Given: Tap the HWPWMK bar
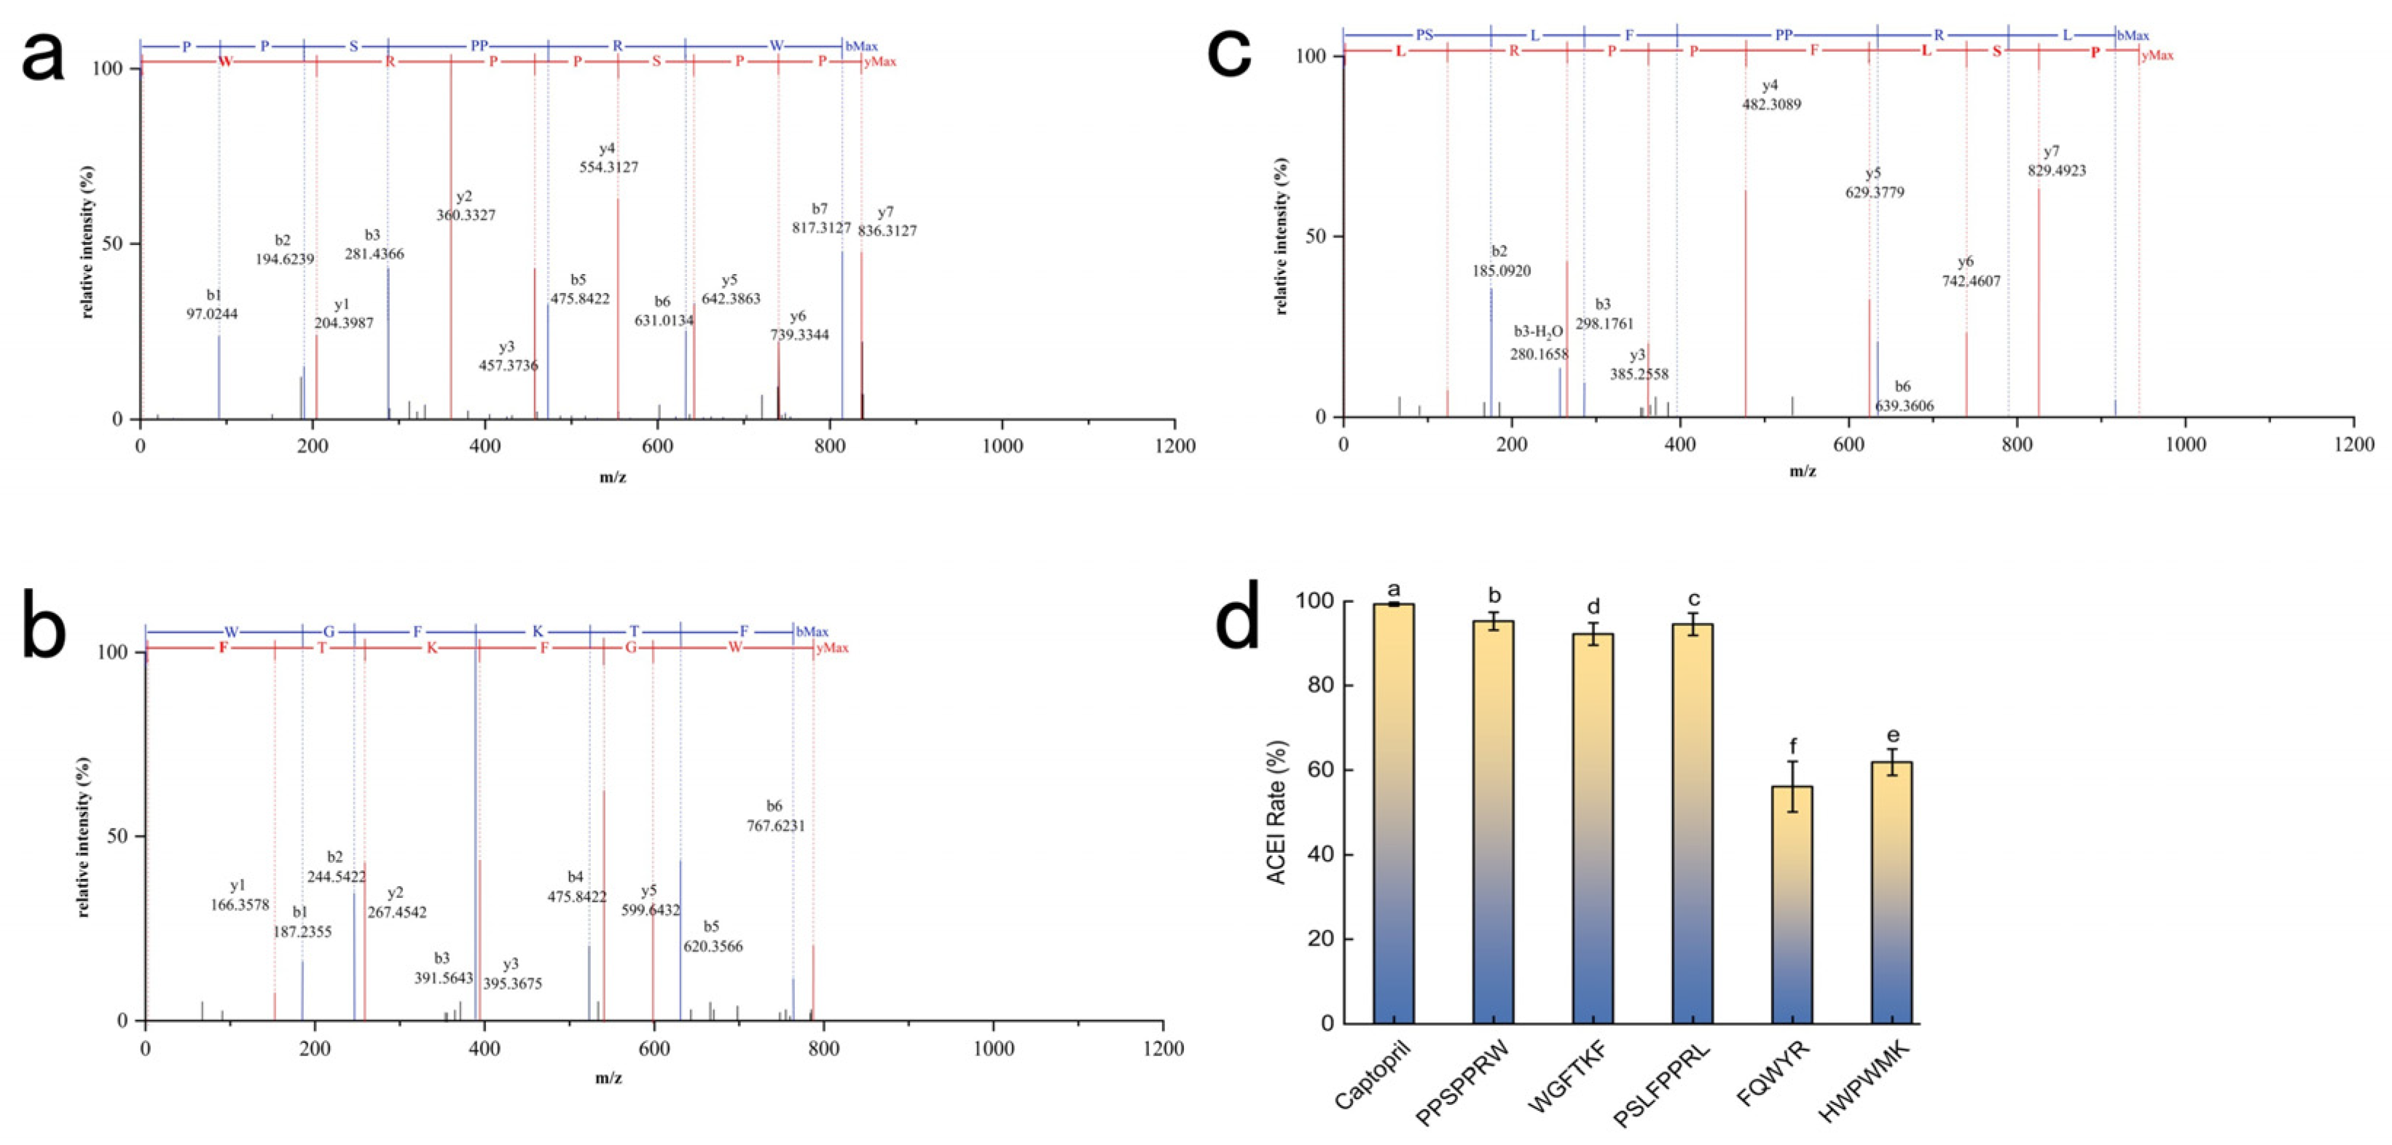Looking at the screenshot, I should coord(1891,891).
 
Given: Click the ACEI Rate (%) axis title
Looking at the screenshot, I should coord(1278,812).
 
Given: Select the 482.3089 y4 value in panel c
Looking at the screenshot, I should coord(1771,105).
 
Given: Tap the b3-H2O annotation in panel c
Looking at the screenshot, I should coord(1539,332).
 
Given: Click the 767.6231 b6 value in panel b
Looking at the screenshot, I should coord(775,826).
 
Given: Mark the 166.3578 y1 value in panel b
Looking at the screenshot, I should coord(240,904).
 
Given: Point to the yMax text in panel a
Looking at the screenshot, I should coord(879,62).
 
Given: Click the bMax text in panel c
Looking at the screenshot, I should coord(2133,35).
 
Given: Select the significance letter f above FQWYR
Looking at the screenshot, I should coord(1792,746).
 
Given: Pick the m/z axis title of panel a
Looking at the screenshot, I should coord(612,477).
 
